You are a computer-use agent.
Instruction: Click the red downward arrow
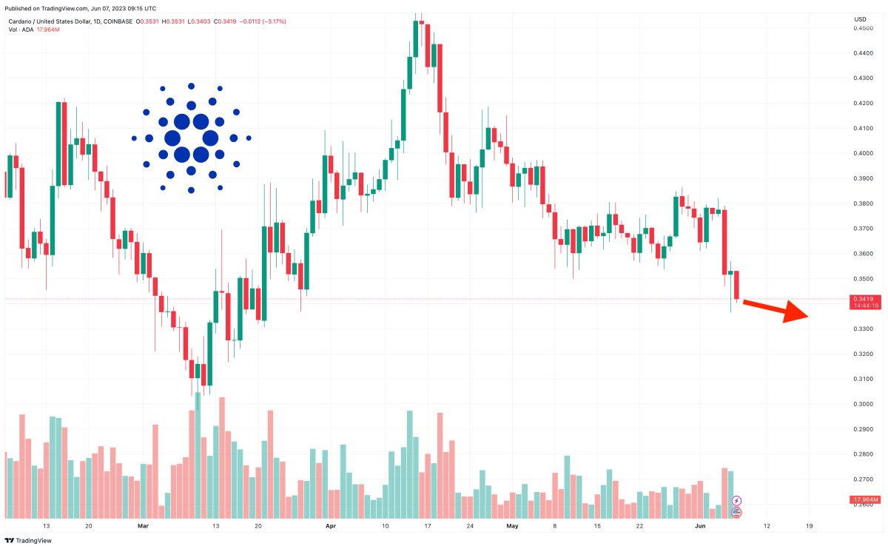tap(777, 310)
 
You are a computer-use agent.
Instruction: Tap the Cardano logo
tap(191, 138)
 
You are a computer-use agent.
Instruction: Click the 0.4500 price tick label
tap(861, 28)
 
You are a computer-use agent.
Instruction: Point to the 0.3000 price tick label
tap(861, 404)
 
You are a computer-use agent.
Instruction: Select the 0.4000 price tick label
tap(861, 153)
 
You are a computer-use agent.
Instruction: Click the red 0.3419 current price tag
tap(864, 298)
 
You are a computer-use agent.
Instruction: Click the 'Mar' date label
tap(144, 526)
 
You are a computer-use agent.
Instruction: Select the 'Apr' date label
tap(331, 526)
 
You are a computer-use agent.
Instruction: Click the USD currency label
tap(860, 18)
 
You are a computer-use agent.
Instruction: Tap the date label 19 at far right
tap(809, 526)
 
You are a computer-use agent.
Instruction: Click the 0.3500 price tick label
tap(861, 279)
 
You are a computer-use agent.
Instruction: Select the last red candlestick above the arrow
tap(737, 285)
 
